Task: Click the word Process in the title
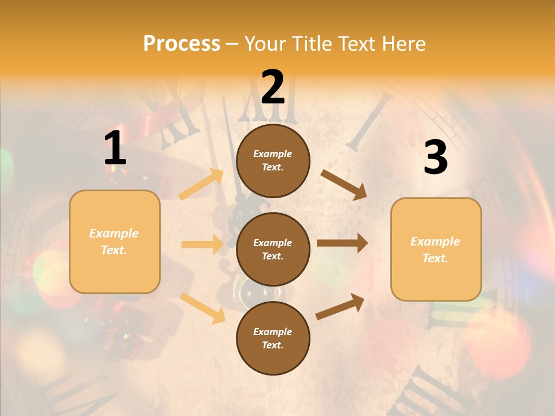point(182,44)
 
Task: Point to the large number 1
point(115,148)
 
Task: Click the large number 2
point(273,87)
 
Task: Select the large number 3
point(435,157)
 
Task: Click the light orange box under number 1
point(114,242)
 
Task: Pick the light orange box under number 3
point(436,249)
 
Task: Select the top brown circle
point(273,161)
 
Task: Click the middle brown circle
point(273,250)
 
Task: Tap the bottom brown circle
point(273,338)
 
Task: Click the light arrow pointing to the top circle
point(201,184)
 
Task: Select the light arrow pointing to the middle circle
point(202,244)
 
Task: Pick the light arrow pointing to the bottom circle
point(203,308)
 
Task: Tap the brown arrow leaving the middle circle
point(342,243)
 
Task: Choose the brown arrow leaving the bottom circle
point(340,306)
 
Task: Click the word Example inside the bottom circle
point(273,332)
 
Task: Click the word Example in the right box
point(435,242)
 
